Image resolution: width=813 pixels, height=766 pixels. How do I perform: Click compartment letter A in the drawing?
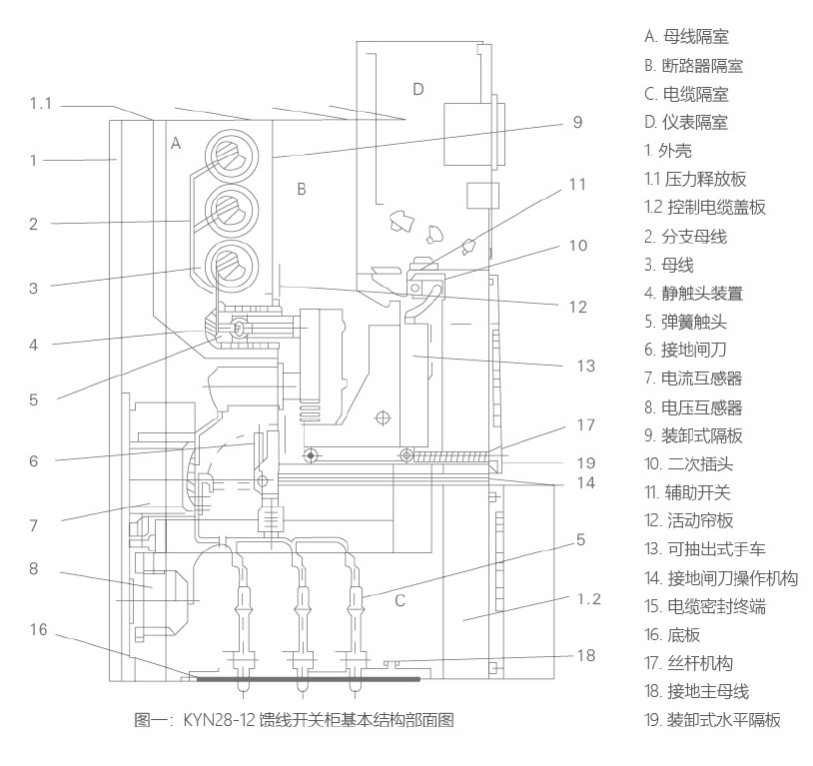tap(176, 143)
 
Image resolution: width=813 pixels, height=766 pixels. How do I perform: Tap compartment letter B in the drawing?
tap(302, 189)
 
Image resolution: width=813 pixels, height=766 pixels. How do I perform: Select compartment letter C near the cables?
tap(400, 600)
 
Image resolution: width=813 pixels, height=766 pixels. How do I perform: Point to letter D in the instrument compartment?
tap(418, 89)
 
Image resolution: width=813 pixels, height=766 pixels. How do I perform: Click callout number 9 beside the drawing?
tap(577, 122)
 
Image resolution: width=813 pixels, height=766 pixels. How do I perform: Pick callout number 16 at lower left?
tap(38, 629)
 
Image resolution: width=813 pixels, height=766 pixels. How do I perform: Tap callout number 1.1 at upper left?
tap(41, 104)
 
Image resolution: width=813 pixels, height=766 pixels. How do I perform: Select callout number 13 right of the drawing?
tap(586, 366)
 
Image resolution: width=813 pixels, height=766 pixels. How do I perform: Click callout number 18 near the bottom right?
tap(586, 655)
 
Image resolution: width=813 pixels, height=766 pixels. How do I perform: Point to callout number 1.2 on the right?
tap(589, 599)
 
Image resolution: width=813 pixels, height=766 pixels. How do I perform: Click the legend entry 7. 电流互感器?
tap(693, 379)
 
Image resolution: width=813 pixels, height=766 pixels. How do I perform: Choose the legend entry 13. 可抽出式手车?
tap(705, 548)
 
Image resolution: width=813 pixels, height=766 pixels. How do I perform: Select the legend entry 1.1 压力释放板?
tap(695, 179)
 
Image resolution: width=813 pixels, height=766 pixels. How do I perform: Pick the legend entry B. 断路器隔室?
tap(694, 66)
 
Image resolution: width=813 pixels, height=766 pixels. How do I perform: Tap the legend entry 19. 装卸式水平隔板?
tap(712, 719)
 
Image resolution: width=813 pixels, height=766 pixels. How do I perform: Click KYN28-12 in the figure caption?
tap(219, 720)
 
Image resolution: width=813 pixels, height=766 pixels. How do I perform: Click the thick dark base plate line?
tap(308, 679)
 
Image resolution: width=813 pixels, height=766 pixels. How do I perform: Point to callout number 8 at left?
tap(34, 568)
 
